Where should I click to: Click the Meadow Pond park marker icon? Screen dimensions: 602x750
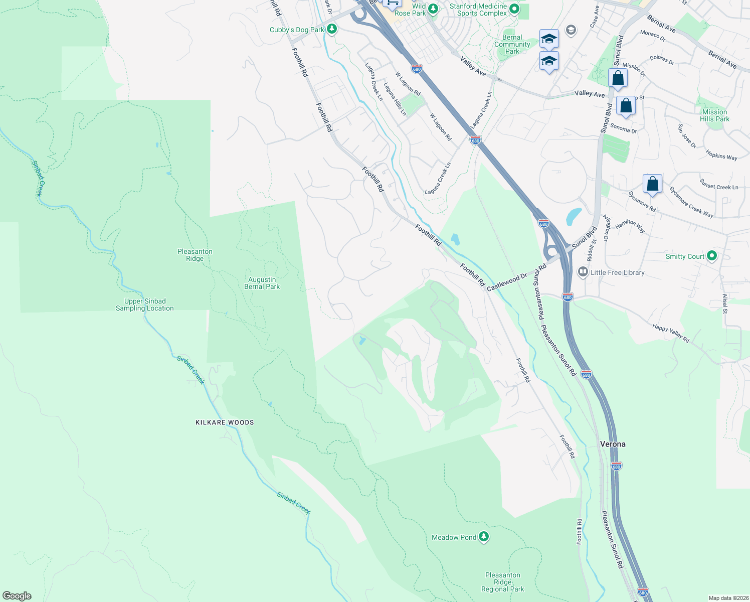click(484, 537)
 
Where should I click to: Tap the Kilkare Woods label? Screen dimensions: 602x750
click(225, 422)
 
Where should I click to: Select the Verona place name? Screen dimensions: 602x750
click(613, 444)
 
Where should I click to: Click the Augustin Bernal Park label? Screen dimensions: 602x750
click(262, 283)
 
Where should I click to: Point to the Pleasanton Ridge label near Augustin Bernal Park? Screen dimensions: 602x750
click(195, 255)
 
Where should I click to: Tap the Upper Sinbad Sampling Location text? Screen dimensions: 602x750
click(144, 305)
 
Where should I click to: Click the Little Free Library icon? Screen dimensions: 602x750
click(583, 272)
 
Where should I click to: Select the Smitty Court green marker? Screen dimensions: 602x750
click(711, 256)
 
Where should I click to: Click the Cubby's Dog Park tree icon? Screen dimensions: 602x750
click(331, 29)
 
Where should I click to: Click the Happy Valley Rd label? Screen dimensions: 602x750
click(671, 333)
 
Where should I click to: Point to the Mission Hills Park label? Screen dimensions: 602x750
click(714, 115)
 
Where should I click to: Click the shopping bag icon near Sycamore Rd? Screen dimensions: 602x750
click(652, 184)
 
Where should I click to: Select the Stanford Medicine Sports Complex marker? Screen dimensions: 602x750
click(514, 9)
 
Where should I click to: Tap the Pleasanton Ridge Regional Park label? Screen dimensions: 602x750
click(502, 582)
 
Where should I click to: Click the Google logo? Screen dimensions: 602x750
click(17, 596)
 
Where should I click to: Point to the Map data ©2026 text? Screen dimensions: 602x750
click(728, 598)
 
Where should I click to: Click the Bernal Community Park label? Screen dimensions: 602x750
click(512, 44)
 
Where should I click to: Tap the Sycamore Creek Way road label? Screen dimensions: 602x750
click(691, 202)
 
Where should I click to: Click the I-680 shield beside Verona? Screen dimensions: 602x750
click(616, 466)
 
